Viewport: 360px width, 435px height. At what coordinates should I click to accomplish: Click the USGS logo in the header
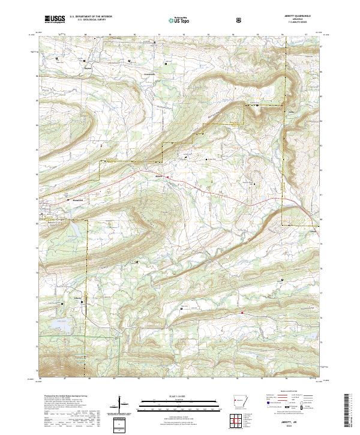(x=54, y=19)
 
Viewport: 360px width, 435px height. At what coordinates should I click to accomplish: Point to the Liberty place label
(x=77, y=296)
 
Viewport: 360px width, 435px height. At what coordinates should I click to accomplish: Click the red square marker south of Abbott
(x=242, y=313)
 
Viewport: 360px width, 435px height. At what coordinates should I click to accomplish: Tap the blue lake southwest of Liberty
(x=60, y=324)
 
